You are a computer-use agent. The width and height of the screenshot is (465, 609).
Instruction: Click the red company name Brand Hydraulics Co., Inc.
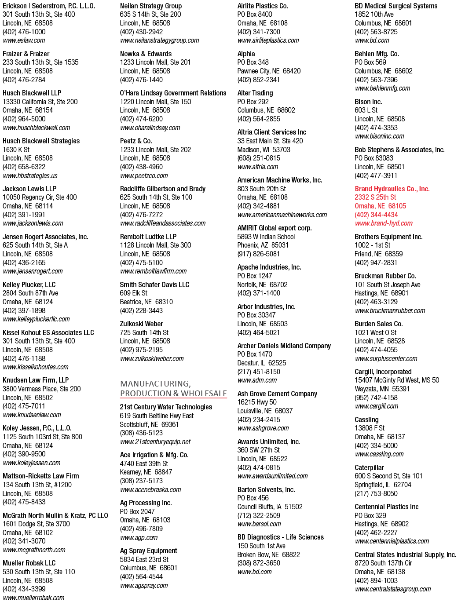(x=392, y=189)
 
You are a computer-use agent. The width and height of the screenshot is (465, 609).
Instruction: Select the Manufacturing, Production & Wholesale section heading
(x=173, y=388)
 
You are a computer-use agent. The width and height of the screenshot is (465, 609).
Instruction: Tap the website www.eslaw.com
(x=24, y=40)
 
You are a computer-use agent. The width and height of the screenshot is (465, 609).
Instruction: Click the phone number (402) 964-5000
(x=24, y=119)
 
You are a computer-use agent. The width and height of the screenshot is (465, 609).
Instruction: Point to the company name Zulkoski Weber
(x=141, y=324)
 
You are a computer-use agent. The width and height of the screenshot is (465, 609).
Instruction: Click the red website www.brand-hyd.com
(x=384, y=223)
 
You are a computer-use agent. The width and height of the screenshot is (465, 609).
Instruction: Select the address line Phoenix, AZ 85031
(x=263, y=245)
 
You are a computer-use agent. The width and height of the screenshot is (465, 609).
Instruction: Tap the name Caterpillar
(x=369, y=467)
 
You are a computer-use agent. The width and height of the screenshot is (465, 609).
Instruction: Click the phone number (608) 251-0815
(x=259, y=158)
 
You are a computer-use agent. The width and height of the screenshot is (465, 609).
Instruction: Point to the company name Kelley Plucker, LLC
(x=29, y=284)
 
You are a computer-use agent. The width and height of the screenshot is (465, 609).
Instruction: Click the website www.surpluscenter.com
(x=386, y=358)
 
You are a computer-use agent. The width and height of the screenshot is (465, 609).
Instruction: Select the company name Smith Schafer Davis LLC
(x=154, y=284)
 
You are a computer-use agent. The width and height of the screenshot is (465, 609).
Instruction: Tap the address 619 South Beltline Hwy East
(x=157, y=416)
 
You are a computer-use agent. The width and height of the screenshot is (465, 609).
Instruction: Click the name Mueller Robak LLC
(x=29, y=563)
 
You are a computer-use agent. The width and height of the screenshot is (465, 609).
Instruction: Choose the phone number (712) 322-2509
(x=259, y=515)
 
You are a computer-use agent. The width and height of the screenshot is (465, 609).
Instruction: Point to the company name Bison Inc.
(x=368, y=102)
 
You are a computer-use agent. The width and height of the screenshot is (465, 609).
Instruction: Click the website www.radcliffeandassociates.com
(x=163, y=223)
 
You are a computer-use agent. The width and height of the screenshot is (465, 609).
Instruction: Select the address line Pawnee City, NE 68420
(x=269, y=71)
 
